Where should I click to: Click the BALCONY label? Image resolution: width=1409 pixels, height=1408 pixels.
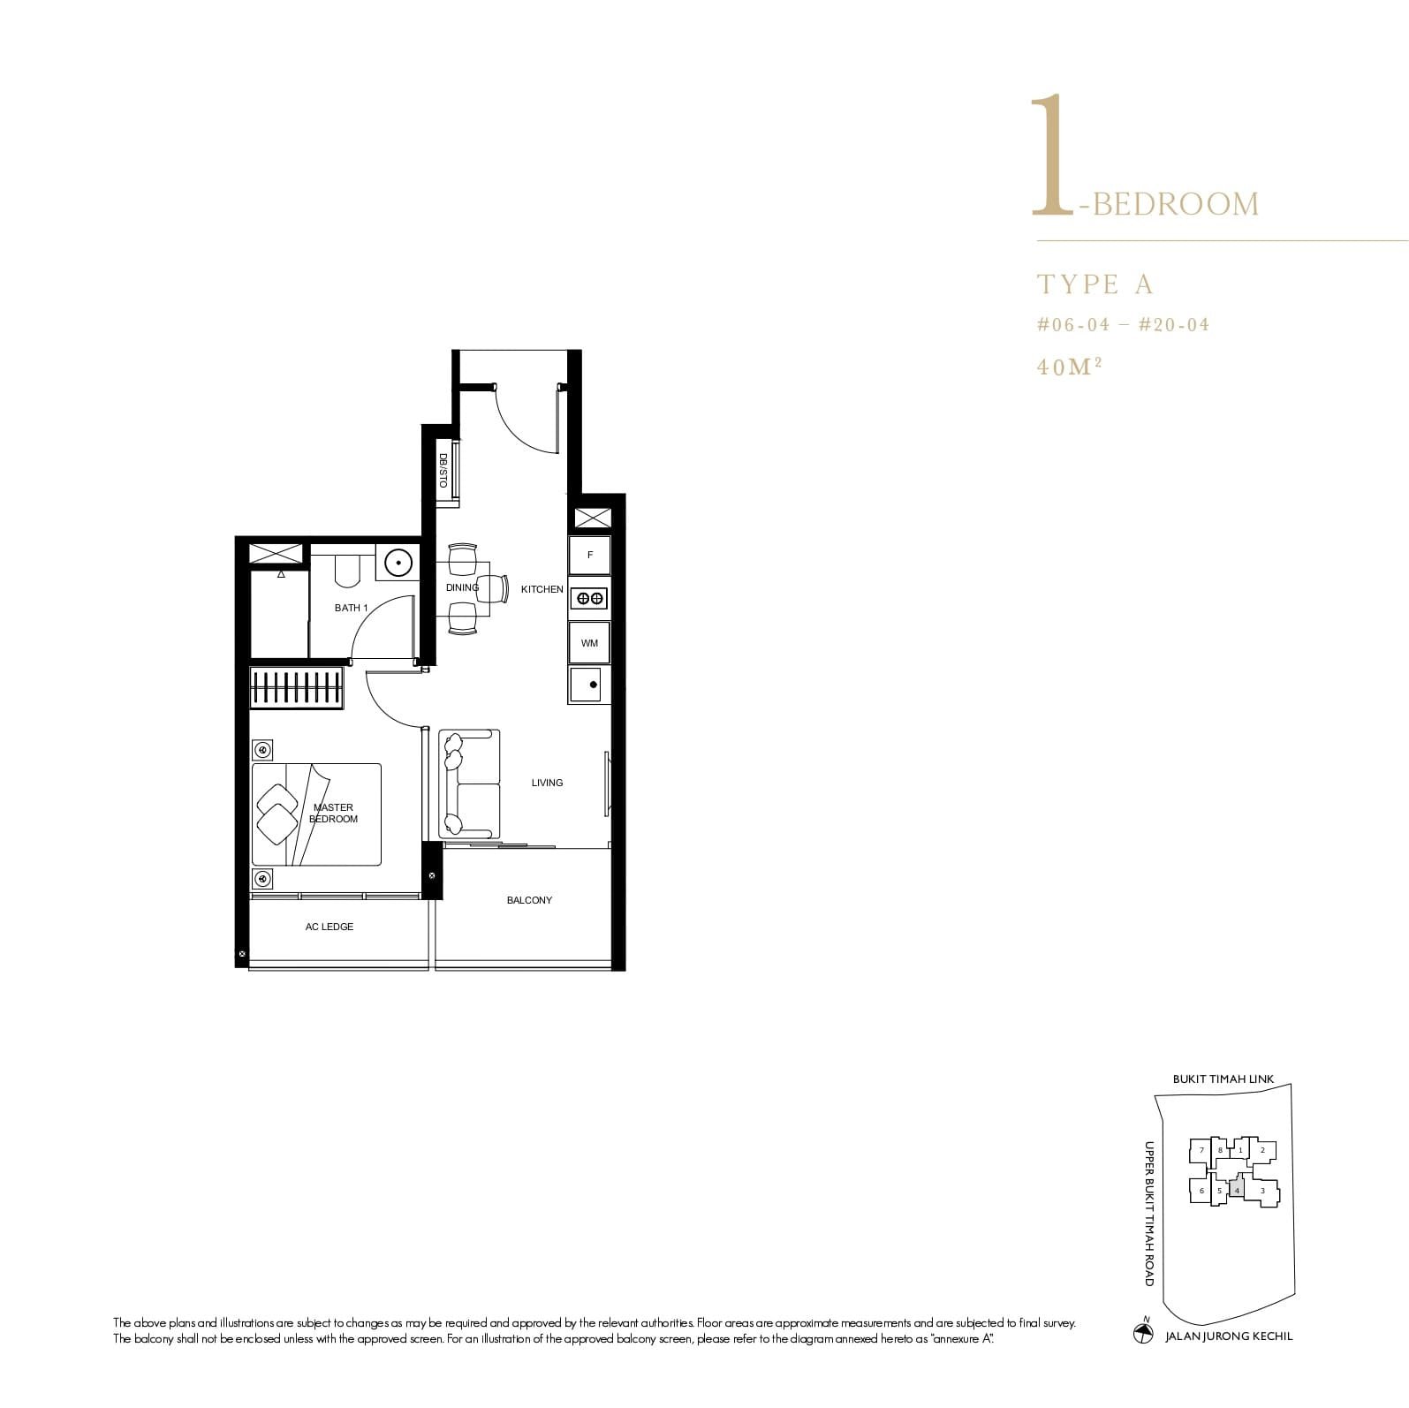[x=529, y=900]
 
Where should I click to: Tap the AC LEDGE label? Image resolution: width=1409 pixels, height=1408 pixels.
[x=330, y=927]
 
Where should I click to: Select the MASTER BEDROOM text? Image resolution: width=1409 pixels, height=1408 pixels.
[x=334, y=814]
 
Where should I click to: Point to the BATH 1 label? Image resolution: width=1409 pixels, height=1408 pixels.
[x=352, y=608]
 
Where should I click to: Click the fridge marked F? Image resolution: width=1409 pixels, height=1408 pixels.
[x=590, y=556]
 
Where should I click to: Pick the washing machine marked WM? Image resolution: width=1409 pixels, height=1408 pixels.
[x=589, y=643]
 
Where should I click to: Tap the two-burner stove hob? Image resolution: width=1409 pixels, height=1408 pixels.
[x=590, y=599]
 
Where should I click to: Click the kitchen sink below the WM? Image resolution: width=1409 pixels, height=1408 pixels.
[x=589, y=685]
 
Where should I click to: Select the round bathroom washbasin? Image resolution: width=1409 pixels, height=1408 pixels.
[x=399, y=563]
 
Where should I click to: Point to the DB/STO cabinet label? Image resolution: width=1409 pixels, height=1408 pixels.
[x=443, y=471]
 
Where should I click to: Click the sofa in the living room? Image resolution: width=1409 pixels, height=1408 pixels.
[x=469, y=783]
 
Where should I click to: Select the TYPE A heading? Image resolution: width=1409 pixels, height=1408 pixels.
[x=1095, y=284]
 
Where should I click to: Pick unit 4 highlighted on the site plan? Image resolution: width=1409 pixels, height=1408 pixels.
[x=1237, y=1190]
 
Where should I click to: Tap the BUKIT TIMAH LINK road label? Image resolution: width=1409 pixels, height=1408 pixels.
[x=1223, y=1079]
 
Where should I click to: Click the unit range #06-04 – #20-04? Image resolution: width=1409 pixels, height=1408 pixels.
[x=1123, y=325]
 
